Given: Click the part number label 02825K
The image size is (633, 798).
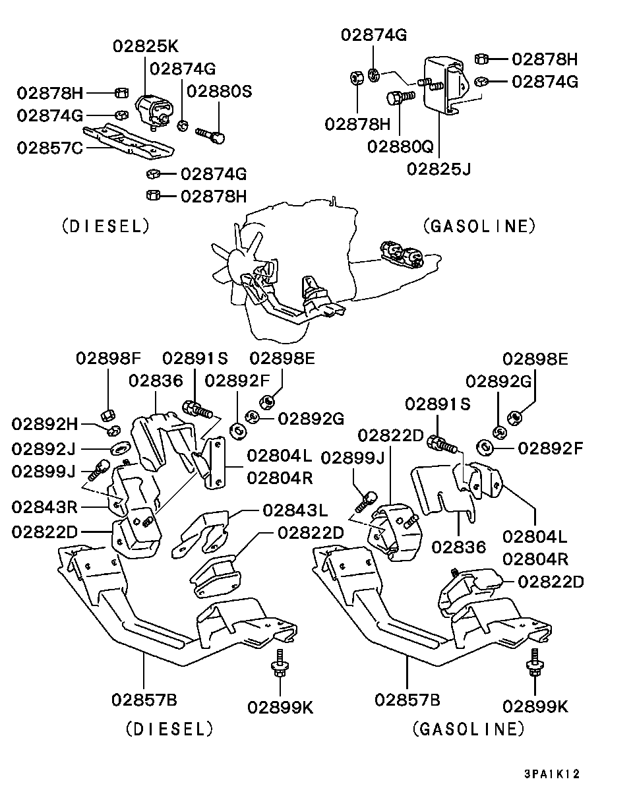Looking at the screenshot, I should pos(145,46).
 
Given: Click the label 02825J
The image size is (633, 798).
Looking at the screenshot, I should pos(438,169).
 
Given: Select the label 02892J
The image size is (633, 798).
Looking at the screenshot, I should pos(44,449).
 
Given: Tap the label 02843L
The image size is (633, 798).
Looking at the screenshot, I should pos(295,510).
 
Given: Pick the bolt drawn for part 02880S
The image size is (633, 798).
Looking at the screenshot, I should pos(212,135).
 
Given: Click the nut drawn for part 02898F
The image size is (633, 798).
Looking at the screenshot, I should pos(109,415).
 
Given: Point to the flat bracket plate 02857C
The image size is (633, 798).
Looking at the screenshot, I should pos(132,141).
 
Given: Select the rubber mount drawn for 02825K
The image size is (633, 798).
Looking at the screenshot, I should pos(154,108).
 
